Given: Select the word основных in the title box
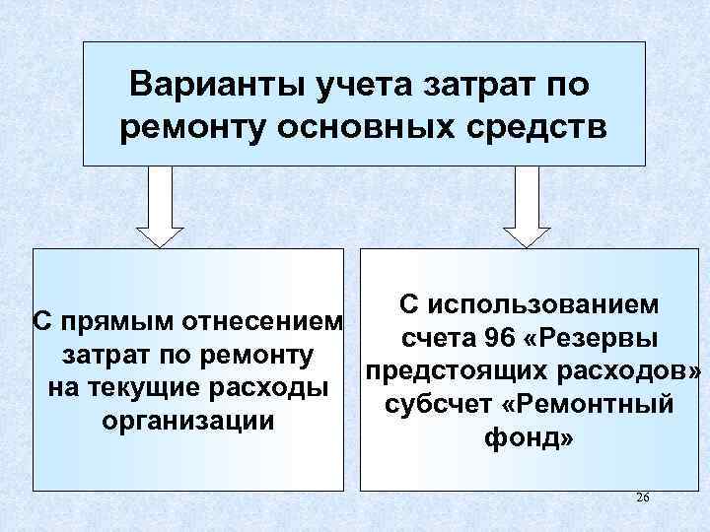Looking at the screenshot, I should click(367, 127).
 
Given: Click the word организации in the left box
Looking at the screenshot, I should click(187, 420).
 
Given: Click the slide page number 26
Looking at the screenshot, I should click(643, 498).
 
